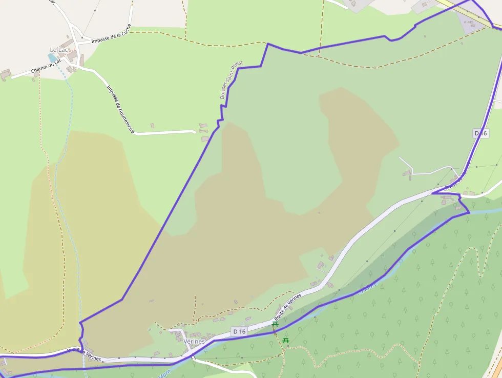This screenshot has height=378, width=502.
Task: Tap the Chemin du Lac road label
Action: [46, 66]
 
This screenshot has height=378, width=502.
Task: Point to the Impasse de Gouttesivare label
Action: [120, 109]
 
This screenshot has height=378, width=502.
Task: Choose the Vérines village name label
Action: [194, 341]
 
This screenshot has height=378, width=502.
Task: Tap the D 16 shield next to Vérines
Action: [239, 331]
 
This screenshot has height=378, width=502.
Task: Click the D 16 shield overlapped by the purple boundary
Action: [480, 133]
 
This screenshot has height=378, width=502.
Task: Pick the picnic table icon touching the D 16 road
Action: [275, 324]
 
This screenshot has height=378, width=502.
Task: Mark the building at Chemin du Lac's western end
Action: [5, 75]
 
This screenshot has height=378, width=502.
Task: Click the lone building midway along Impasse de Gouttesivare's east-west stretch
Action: [152, 125]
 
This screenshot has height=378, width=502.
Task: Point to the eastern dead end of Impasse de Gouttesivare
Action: [194, 132]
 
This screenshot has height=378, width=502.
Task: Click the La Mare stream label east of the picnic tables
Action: [367, 287]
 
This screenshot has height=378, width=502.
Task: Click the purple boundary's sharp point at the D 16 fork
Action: [432, 193]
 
